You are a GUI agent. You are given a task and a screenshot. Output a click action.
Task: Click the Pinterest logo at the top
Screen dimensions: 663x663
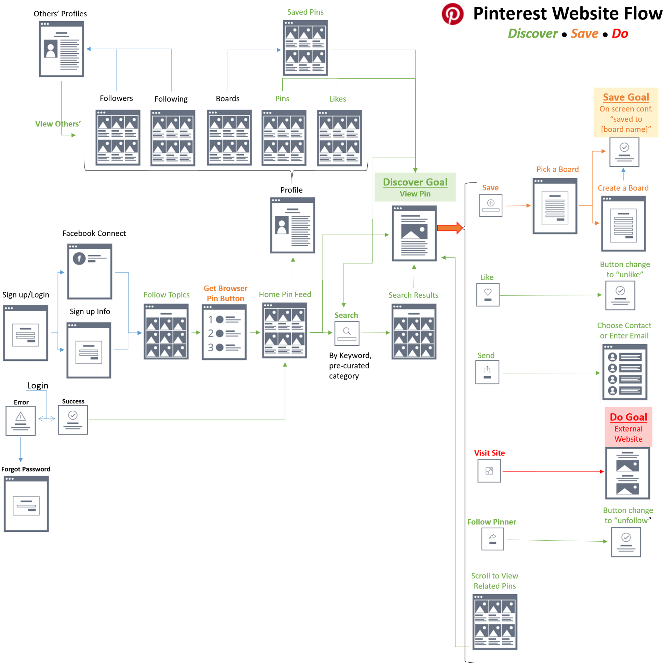452,14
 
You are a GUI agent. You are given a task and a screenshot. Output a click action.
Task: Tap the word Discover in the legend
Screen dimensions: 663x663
532,34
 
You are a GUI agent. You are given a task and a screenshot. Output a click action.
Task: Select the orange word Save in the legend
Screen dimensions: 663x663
584,34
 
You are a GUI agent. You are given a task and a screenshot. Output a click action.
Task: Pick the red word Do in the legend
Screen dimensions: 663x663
620,34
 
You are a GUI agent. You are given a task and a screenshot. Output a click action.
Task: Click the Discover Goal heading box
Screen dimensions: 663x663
415,187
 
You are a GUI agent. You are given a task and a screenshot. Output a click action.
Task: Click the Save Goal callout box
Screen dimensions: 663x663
626,112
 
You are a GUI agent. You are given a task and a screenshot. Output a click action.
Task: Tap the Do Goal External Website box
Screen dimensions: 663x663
628,427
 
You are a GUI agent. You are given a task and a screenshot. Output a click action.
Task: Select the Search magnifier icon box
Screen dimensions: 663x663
346,332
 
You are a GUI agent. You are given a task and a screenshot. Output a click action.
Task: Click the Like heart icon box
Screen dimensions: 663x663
487,295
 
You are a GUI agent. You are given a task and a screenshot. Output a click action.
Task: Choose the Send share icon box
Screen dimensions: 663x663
487,373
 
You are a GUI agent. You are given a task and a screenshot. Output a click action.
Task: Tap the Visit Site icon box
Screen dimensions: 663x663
488,471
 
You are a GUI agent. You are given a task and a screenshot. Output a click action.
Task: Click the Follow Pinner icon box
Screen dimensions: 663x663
493,540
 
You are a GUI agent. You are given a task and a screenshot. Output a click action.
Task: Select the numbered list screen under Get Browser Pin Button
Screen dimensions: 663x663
225,332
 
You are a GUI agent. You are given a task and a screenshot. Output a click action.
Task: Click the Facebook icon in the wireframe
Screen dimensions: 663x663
79,258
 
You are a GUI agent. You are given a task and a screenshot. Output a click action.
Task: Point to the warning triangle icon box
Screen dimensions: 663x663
20,420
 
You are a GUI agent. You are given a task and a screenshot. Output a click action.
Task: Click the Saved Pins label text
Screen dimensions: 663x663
305,12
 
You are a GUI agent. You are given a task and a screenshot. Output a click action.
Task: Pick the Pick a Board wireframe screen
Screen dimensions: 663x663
554,205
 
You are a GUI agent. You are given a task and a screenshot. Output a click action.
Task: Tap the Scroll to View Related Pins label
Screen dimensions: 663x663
495,581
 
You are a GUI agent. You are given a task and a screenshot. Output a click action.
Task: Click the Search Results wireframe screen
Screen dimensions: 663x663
414,332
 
